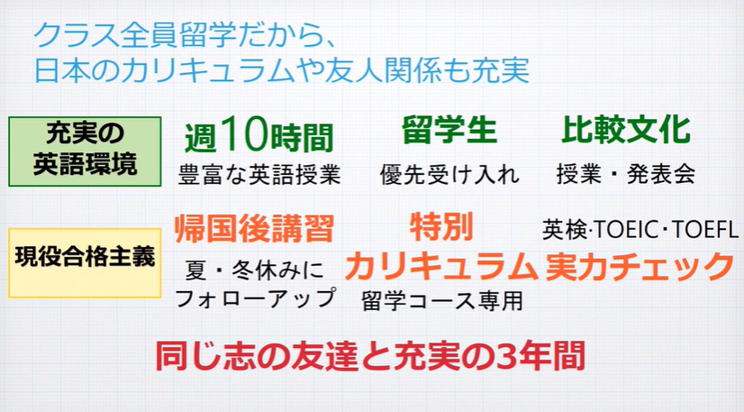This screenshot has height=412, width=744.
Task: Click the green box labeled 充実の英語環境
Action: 85,151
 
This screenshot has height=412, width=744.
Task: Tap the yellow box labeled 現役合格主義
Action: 85,263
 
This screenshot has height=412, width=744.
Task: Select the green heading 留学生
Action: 449,130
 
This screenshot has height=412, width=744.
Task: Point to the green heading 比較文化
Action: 626,130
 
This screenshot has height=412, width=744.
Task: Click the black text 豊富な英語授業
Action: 259,174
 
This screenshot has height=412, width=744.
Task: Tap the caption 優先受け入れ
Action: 449,174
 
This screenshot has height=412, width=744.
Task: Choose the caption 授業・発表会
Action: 626,174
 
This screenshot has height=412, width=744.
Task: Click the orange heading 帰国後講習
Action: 254,229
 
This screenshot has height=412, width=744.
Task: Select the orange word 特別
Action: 441,227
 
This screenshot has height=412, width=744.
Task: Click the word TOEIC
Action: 627,230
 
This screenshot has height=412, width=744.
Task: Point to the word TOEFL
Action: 705,230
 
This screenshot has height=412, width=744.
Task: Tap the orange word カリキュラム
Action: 440,266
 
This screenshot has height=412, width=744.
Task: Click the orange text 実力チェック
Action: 640,266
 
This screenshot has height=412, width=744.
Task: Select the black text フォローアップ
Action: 256,299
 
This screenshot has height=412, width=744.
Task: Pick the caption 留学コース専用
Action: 442,301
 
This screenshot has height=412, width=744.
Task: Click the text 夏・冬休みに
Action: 254,270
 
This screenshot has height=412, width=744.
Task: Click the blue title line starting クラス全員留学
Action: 185,35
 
